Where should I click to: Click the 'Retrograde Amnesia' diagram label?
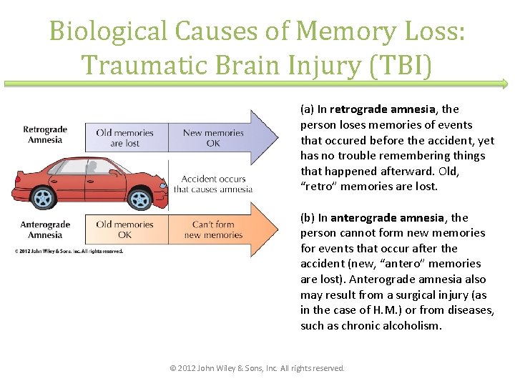pyautogui.click(x=45, y=134)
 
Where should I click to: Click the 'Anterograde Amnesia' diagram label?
pyautogui.click(x=45, y=229)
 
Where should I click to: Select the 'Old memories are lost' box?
pyautogui.click(x=125, y=138)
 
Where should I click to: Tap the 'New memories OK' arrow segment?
pyautogui.click(x=213, y=138)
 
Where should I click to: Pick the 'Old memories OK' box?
pyautogui.click(x=125, y=229)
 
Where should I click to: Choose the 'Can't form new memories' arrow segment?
pyautogui.click(x=213, y=229)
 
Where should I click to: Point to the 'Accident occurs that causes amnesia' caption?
pyautogui.click(x=213, y=184)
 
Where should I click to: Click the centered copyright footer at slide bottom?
pyautogui.click(x=257, y=368)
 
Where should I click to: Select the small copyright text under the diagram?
pyautogui.click(x=69, y=251)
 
